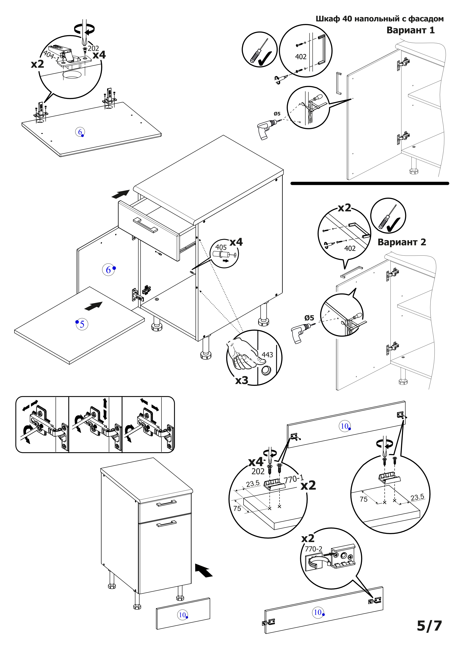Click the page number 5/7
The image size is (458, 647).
click(x=429, y=626)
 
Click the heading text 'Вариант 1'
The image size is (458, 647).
click(x=410, y=30)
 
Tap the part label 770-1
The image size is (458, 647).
click(x=294, y=479)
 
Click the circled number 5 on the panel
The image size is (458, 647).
click(x=82, y=324)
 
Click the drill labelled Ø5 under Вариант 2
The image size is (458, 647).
click(x=301, y=333)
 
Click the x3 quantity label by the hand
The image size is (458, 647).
click(x=242, y=380)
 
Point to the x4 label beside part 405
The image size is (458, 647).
click(x=236, y=242)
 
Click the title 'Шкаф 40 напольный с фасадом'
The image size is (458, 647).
click(x=379, y=19)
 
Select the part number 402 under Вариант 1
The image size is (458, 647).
click(x=301, y=57)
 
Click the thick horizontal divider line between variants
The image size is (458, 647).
click(x=369, y=184)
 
